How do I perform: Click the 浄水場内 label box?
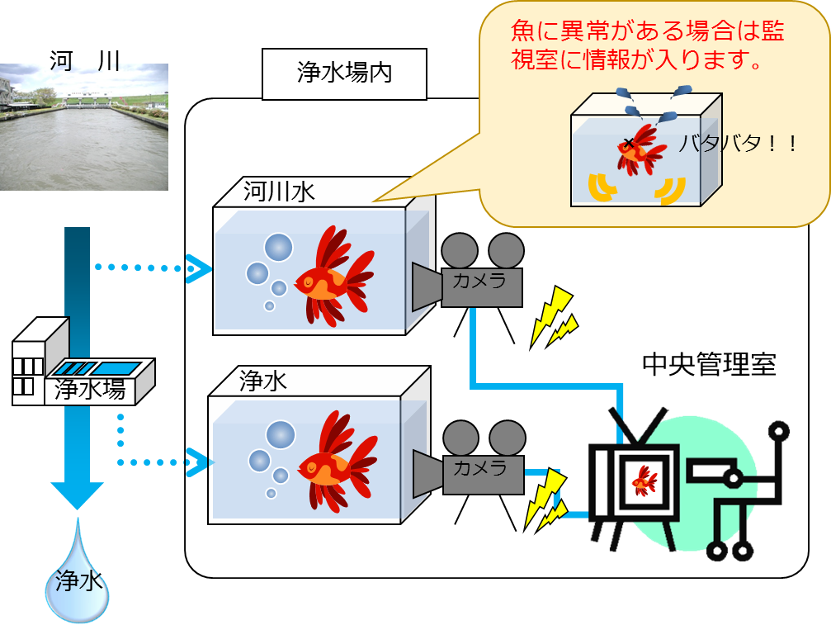(x=344, y=73)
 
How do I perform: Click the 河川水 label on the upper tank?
(x=279, y=192)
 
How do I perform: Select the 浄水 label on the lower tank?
(x=263, y=381)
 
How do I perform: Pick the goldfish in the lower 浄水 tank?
(x=333, y=464)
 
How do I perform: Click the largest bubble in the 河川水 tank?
(x=278, y=246)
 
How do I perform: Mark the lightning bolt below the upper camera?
(x=554, y=317)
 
